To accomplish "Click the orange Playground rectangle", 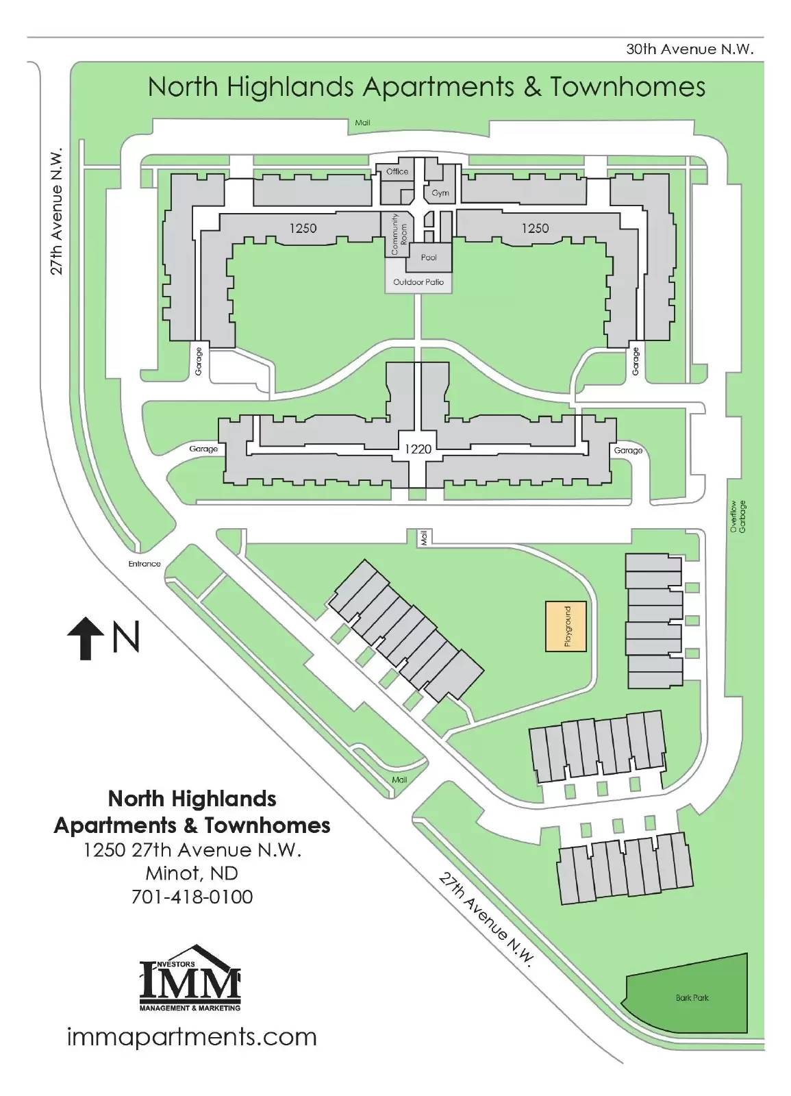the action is click(x=566, y=626).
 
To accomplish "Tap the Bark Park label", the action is click(x=692, y=997).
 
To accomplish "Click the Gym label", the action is click(x=440, y=193).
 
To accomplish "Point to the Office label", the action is click(x=397, y=171).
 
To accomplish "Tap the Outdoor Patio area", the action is click(x=418, y=282).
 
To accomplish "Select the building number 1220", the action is click(x=418, y=449).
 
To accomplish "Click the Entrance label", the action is click(x=145, y=564).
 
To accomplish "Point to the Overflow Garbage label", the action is click(x=738, y=516).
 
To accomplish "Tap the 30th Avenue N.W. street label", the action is click(x=690, y=49).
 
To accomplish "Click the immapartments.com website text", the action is click(x=192, y=1037).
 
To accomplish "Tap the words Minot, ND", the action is click(x=192, y=873).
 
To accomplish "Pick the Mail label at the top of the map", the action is click(x=362, y=123).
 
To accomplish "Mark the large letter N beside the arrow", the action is click(x=126, y=636).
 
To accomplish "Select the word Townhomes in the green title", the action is click(x=628, y=87).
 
